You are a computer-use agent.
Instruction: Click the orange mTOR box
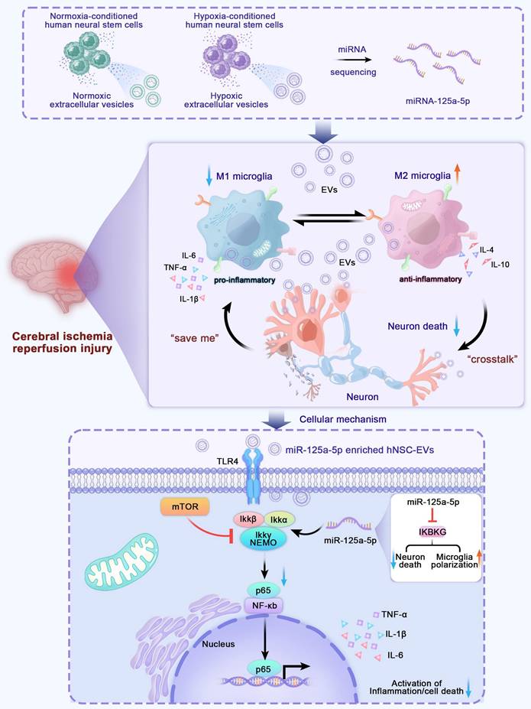pos(181,506)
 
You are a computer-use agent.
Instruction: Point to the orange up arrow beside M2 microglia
pos(458,174)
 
